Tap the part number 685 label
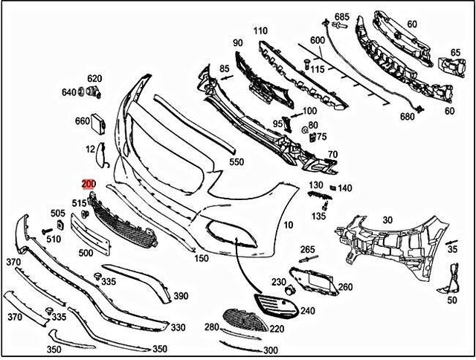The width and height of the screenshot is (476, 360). (x=341, y=16)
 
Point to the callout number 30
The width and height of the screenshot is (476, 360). (x=387, y=219)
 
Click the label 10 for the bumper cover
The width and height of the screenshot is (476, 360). (x=289, y=224)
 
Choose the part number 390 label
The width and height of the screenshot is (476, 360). (x=180, y=296)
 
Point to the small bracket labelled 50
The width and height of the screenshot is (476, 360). (x=447, y=283)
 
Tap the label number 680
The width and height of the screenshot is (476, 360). (x=407, y=117)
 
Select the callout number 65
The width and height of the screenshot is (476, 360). (x=455, y=53)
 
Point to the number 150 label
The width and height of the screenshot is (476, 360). (x=201, y=259)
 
